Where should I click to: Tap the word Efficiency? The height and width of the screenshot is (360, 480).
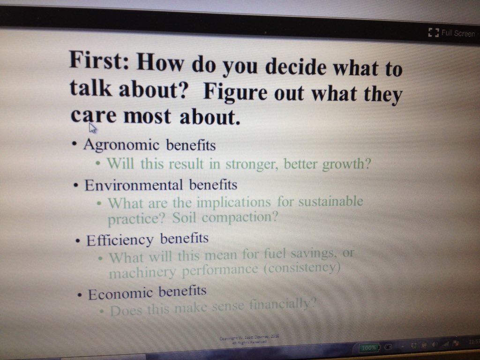tap(120, 240)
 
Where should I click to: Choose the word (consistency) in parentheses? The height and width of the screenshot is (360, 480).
tap(300, 269)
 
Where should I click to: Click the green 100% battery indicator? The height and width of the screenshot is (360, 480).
tap(369, 348)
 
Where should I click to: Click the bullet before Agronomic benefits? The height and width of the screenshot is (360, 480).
tap(75, 144)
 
